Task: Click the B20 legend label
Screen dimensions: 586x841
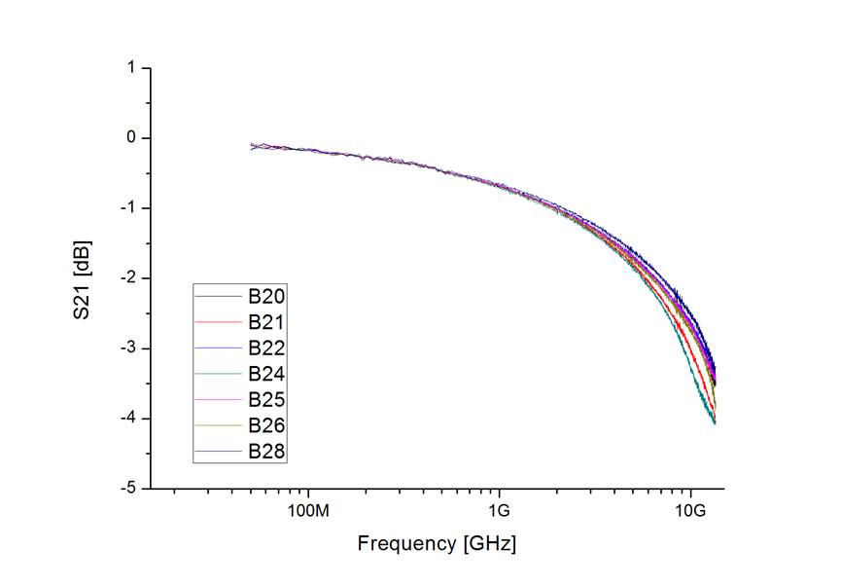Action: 265,295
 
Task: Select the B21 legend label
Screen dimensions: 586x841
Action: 265,321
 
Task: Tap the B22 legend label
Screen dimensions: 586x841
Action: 265,348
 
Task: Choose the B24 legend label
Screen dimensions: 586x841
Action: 265,374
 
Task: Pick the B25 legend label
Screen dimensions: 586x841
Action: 265,400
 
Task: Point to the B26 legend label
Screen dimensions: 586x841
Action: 265,425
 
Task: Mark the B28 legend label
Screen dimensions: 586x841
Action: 265,452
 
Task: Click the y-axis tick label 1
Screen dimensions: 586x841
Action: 130,68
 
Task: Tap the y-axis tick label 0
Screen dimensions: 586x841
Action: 130,138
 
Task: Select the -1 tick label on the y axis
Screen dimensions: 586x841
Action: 127,208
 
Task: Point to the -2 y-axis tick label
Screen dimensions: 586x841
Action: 127,278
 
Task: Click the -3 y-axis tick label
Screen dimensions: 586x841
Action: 127,348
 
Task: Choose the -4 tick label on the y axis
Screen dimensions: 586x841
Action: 127,419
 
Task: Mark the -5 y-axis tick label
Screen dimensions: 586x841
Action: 127,489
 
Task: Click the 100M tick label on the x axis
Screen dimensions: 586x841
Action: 309,511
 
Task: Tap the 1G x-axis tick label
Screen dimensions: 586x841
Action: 499,511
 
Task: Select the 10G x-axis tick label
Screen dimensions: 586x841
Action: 690,511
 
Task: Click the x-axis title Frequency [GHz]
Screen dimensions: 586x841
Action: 437,543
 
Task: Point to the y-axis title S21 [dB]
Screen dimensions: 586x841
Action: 88,278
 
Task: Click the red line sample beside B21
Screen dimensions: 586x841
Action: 218,321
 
